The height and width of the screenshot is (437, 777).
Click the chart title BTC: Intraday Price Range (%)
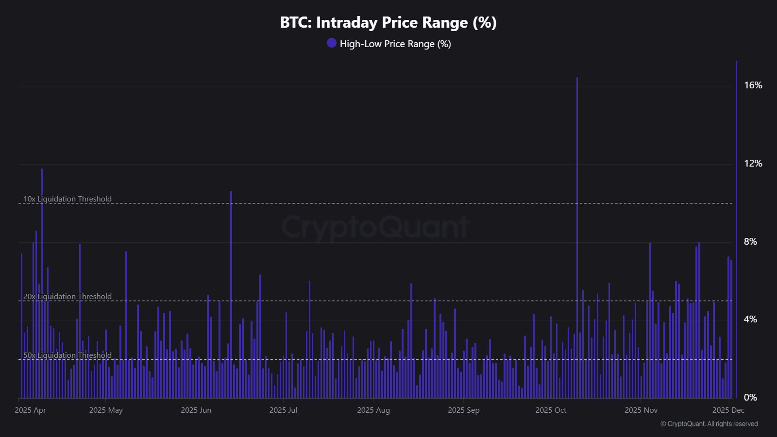388,22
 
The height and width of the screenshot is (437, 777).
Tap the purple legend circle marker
332,43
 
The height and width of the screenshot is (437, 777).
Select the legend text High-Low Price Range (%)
395,44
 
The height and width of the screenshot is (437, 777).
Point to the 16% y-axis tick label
753,85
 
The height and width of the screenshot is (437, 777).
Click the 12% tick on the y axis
753,164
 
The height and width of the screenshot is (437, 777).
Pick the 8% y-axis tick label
750,242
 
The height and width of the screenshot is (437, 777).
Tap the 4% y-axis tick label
750,319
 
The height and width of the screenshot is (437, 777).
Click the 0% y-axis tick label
750,398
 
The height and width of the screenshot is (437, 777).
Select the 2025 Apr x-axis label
30,410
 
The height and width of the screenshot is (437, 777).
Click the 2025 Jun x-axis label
196,410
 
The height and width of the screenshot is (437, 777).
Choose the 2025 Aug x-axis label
373,410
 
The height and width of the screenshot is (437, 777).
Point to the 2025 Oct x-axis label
551,410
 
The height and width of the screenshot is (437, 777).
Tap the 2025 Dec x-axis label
728,410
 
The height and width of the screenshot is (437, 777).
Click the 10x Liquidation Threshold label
68,199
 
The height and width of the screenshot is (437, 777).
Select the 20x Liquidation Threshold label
68,297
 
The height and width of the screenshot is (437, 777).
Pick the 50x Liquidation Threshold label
68,355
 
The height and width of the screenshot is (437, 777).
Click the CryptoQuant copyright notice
709,424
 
